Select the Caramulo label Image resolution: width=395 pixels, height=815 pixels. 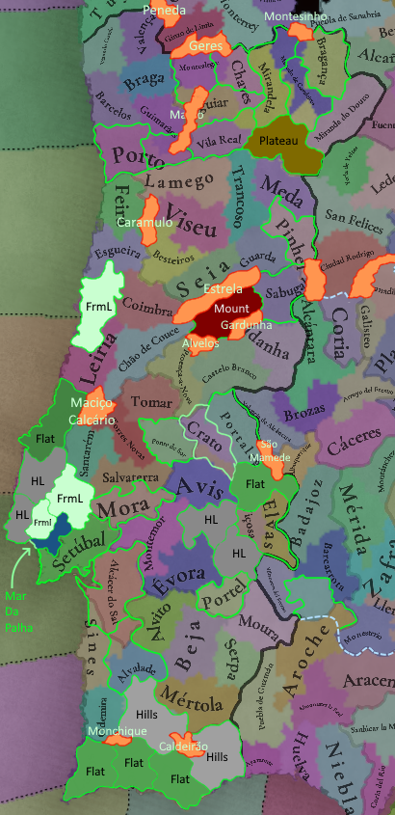(144, 222)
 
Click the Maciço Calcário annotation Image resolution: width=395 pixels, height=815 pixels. (92, 411)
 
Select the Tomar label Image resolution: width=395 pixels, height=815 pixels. (151, 400)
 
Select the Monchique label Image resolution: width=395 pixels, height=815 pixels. (117, 731)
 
